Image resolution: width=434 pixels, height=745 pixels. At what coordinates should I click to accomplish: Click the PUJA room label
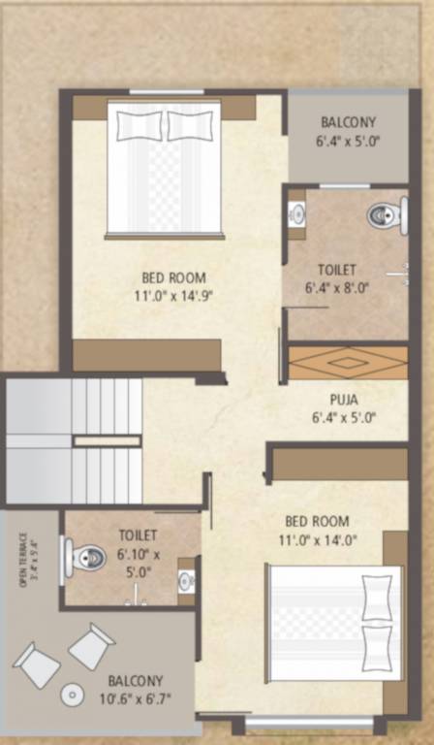point(345,397)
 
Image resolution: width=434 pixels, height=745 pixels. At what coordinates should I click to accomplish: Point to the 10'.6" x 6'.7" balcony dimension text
point(136,696)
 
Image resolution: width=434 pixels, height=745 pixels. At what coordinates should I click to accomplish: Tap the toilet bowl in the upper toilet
point(387,214)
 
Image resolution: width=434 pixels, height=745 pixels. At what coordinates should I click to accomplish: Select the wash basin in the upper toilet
point(296,213)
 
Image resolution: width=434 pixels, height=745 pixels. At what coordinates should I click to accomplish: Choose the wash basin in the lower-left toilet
point(187,580)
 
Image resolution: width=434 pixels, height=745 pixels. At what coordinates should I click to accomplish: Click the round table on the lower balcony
point(72,695)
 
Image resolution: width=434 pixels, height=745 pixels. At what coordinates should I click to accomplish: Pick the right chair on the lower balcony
point(92,645)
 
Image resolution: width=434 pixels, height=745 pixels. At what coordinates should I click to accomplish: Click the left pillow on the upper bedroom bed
point(139,125)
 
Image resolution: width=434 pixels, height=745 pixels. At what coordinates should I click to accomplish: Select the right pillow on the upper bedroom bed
point(190,125)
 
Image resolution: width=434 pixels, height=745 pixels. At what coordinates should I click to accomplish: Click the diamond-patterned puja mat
point(348,363)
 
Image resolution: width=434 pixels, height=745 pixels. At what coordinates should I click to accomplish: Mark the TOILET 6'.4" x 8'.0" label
point(337,277)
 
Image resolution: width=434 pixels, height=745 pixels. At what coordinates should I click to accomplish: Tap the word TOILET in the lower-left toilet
point(138,534)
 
